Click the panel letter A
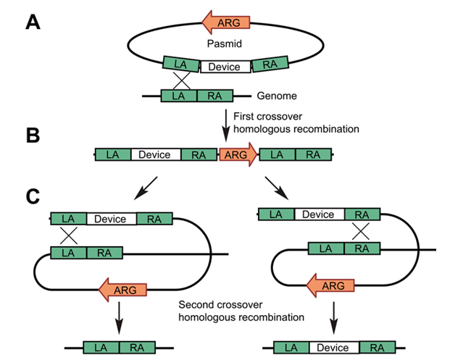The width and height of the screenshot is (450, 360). [x=33, y=22]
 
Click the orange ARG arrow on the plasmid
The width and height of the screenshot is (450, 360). [x=225, y=22]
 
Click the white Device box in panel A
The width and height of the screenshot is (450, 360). [x=225, y=67]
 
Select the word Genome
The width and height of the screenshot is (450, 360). [x=278, y=94]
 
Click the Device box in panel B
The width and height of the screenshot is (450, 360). [x=154, y=154]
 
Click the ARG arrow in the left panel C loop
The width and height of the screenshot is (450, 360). [x=123, y=289]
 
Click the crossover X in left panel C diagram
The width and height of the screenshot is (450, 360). [x=68, y=235]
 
